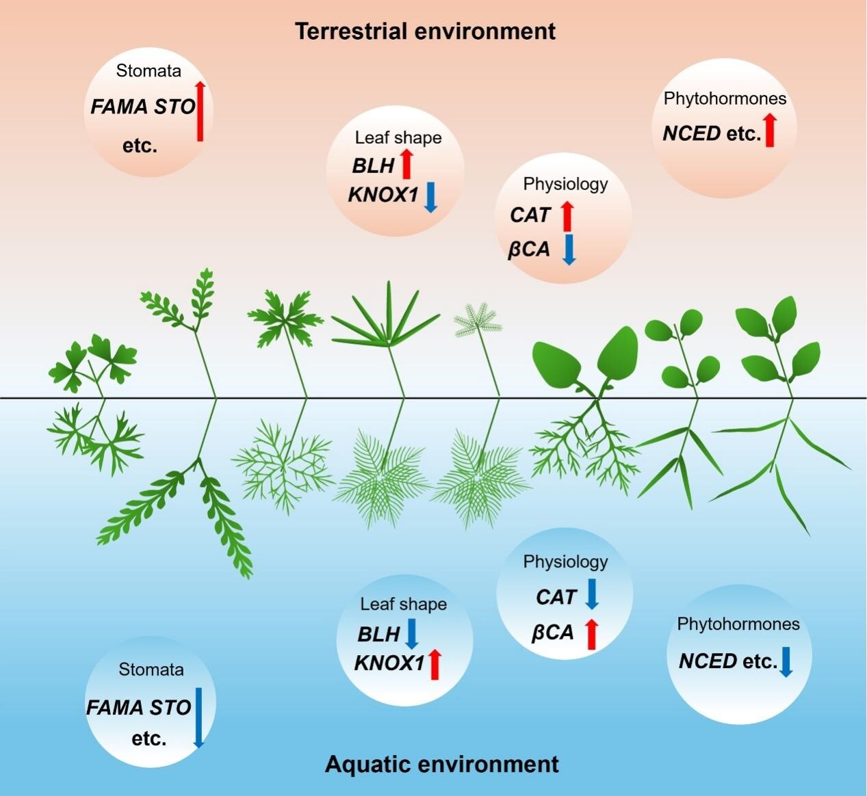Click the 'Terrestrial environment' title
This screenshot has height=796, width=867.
pyautogui.click(x=425, y=31)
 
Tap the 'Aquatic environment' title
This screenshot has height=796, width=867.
pyautogui.click(x=441, y=764)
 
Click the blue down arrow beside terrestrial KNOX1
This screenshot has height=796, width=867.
pyautogui.click(x=430, y=196)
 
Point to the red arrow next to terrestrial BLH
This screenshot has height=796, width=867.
pyautogui.click(x=406, y=164)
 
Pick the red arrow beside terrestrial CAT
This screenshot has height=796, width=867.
pyautogui.click(x=567, y=215)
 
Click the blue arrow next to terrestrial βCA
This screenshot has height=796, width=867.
pyautogui.click(x=569, y=249)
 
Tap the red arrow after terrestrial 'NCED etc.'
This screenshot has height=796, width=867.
pyautogui.click(x=770, y=131)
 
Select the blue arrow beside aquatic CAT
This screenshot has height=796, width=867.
pyautogui.click(x=592, y=594)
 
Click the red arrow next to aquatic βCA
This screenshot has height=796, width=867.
pyautogui.click(x=592, y=633)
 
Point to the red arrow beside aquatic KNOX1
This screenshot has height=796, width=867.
pyautogui.click(x=434, y=665)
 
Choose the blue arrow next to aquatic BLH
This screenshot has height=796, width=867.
pyautogui.click(x=411, y=634)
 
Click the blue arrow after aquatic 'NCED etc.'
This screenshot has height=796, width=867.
pyautogui.click(x=786, y=661)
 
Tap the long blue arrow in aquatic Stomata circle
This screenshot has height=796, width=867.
pyautogui.click(x=198, y=717)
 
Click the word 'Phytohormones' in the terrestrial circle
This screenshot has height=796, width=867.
pyautogui.click(x=725, y=98)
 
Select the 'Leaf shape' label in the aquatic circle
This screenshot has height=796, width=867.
pyautogui.click(x=403, y=604)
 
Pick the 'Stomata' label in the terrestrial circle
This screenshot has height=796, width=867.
pyautogui.click(x=148, y=70)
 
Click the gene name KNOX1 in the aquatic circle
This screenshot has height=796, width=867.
pyautogui.click(x=389, y=663)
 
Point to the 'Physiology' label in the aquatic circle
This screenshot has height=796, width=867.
pyautogui.click(x=565, y=561)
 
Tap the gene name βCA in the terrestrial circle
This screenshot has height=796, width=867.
pyautogui.click(x=529, y=250)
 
